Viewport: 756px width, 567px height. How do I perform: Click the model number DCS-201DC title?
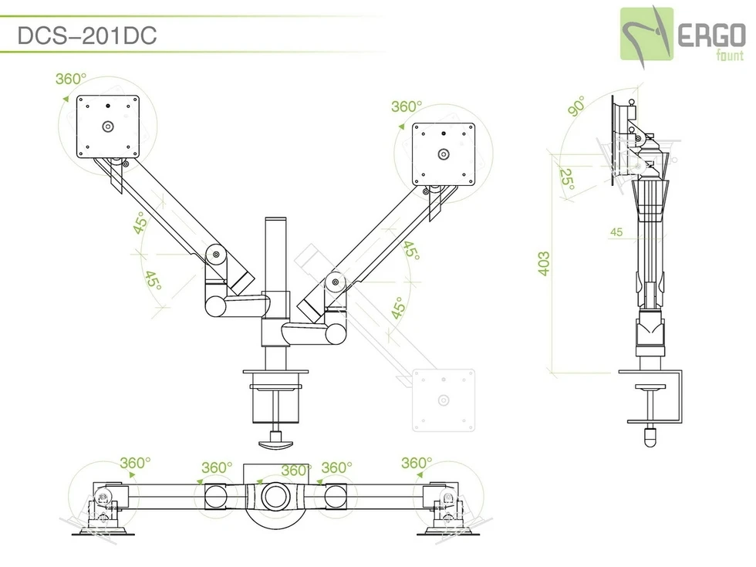[x=86, y=36]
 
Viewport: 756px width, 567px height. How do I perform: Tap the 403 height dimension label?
[x=544, y=265]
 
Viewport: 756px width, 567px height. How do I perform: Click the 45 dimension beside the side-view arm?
[x=616, y=231]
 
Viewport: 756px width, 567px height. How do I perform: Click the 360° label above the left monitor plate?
[x=71, y=79]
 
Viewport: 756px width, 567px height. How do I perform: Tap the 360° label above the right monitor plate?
[x=407, y=107]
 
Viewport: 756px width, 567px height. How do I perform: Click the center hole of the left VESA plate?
[x=108, y=126]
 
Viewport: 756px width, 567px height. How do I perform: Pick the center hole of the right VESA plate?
[x=443, y=154]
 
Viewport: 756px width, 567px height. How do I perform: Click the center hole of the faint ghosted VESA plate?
[x=443, y=400]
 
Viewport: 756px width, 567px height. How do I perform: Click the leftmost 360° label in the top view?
[x=135, y=463]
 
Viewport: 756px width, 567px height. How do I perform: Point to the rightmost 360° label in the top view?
[x=416, y=463]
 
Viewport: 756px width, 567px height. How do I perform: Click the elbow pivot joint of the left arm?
[x=215, y=255]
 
